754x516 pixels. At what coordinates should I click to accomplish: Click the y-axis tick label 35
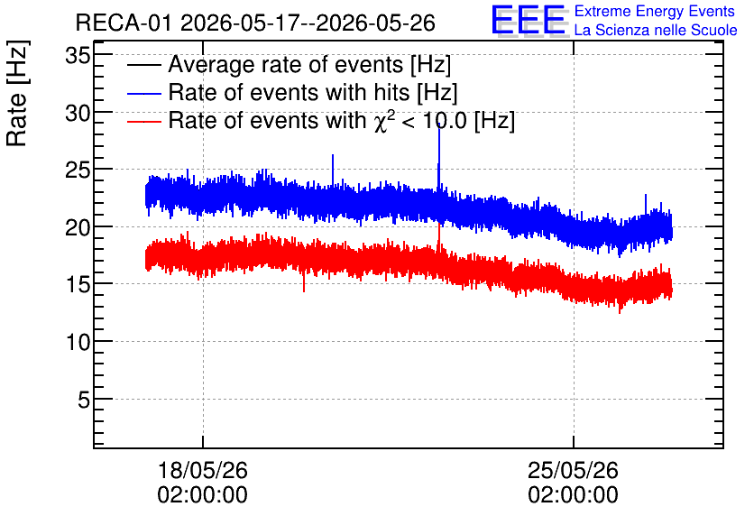(78, 56)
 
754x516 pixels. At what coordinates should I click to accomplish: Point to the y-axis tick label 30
(78, 114)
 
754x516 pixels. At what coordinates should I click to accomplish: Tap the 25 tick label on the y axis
(78, 170)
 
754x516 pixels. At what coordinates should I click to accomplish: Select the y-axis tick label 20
(78, 227)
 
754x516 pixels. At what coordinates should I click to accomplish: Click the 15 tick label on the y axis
(78, 285)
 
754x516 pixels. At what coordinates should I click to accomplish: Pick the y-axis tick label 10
(78, 343)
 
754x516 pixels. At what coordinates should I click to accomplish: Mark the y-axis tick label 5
(84, 400)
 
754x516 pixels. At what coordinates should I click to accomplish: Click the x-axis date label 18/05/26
(202, 470)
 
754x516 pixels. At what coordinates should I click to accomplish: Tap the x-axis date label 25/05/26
(574, 470)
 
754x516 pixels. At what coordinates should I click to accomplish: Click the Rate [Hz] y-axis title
(17, 93)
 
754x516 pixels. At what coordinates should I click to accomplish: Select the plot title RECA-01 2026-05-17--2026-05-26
(255, 23)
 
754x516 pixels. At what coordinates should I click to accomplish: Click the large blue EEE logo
(529, 20)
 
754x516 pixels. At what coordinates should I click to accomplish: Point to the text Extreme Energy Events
(655, 11)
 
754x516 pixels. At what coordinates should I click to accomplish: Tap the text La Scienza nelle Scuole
(656, 30)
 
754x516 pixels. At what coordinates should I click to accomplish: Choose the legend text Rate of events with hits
(289, 92)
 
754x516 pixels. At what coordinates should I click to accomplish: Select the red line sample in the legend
(143, 122)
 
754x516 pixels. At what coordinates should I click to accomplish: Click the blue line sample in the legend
(143, 94)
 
